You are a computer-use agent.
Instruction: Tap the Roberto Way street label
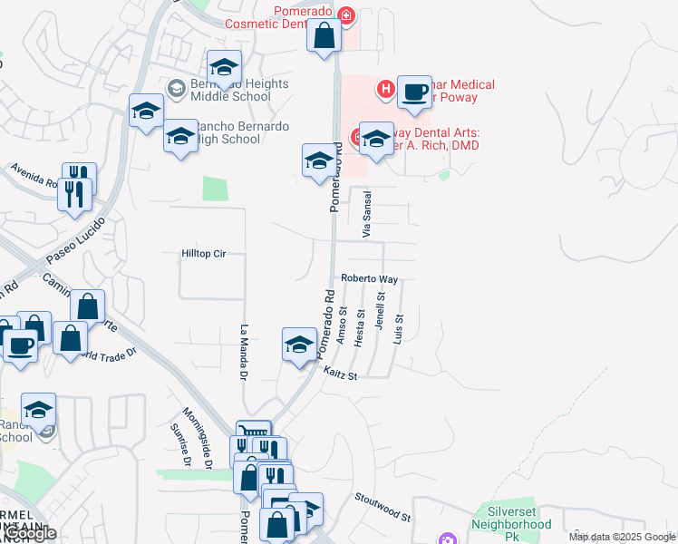coord(370,279)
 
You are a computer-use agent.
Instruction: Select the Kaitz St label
coord(342,374)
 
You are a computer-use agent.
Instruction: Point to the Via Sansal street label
coord(367,215)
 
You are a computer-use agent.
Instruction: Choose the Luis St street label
coord(399,329)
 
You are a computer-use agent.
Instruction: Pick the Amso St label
coord(343,325)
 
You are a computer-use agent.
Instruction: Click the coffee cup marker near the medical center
coord(414,92)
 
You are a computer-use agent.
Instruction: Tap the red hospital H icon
coord(386,88)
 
